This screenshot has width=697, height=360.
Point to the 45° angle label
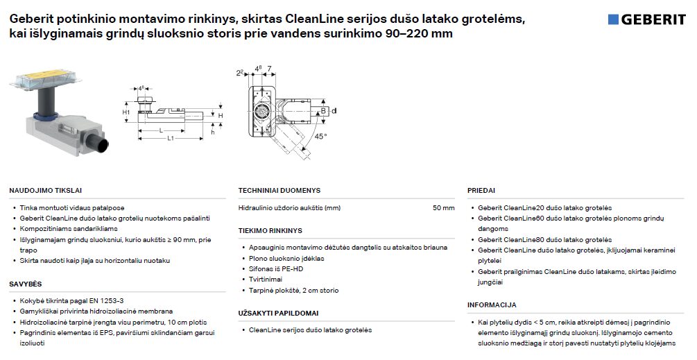pos(320,137)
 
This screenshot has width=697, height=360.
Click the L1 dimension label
pos(170,139)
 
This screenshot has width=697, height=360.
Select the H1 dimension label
pos(126,112)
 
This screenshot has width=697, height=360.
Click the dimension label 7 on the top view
pos(268,67)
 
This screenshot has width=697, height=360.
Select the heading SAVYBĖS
pos(26,284)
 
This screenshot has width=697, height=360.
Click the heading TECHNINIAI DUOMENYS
pos(279,190)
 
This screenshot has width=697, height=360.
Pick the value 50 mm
pos(443,207)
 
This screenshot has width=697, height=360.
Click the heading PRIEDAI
pos(481,190)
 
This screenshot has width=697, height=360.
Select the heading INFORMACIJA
pos(492,305)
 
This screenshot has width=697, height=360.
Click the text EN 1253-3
pos(104,300)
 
